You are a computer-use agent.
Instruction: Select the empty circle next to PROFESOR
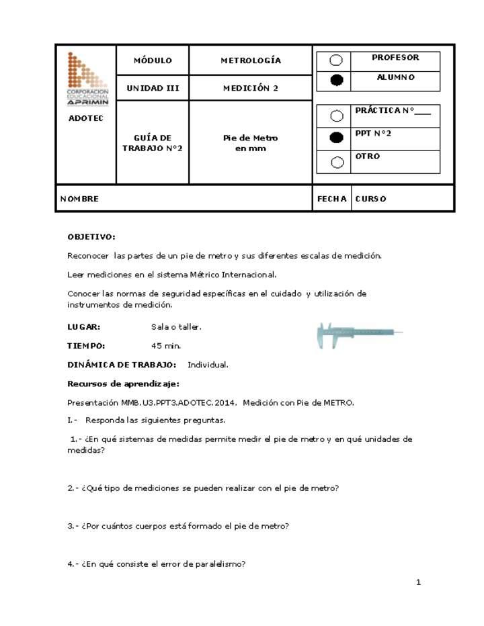(337, 60)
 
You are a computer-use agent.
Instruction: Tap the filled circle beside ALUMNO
(337, 80)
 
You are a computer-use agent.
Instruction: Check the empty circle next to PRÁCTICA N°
(337, 116)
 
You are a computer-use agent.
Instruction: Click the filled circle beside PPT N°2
(337, 138)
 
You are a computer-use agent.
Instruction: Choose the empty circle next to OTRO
(337, 161)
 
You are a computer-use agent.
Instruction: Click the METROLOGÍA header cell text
(251, 60)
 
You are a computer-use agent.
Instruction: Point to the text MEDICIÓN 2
(251, 88)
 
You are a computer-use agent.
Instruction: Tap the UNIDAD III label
(153, 88)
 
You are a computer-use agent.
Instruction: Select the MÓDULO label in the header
(153, 60)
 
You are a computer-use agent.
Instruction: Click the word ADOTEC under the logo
(85, 119)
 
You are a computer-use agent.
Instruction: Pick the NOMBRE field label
(79, 199)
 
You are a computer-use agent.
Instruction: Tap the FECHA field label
(331, 199)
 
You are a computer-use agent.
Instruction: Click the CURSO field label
(370, 199)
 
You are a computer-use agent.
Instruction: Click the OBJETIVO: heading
(91, 236)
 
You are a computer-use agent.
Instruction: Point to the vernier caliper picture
(360, 334)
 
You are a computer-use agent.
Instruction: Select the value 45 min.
(166, 346)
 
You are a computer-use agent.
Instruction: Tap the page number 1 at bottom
(418, 582)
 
